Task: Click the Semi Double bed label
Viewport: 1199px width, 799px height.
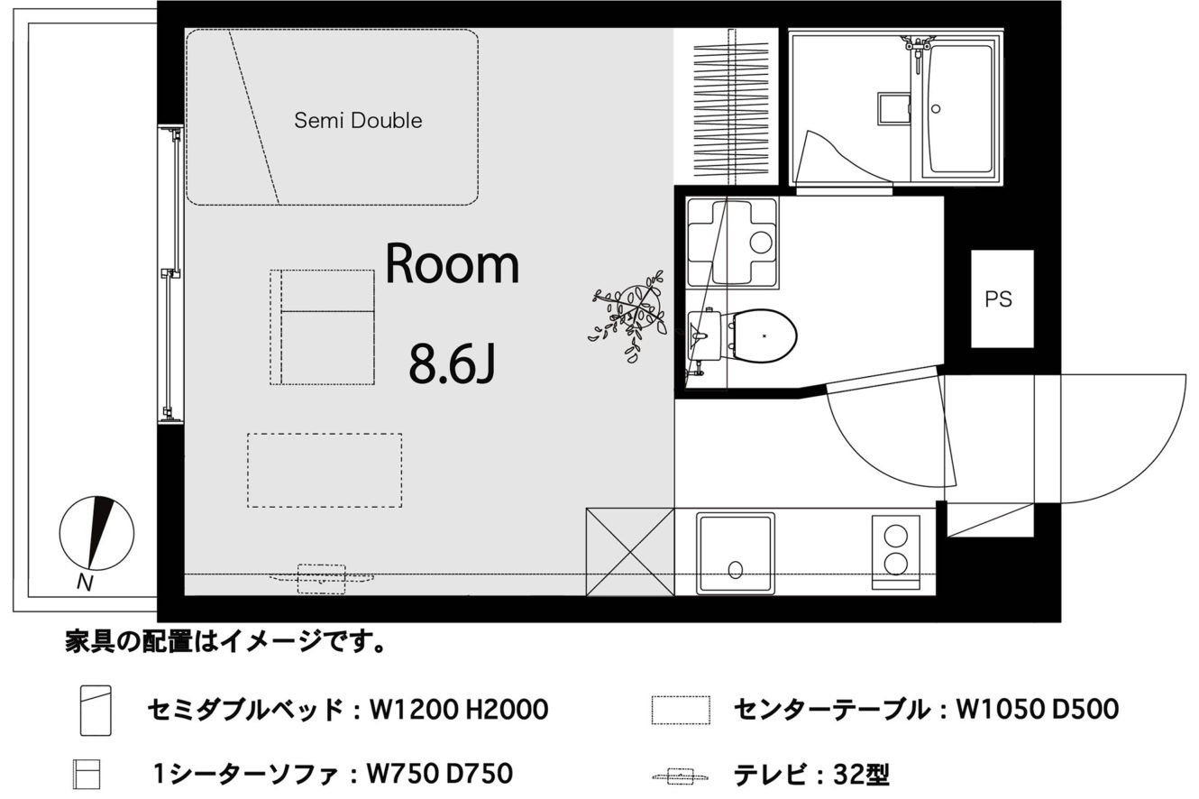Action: point(358,121)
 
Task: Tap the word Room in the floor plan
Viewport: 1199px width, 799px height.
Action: point(453,263)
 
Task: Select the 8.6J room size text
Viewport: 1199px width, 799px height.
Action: point(452,363)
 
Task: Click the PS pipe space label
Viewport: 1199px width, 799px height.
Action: point(998,299)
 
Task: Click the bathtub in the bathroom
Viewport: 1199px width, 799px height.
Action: point(961,109)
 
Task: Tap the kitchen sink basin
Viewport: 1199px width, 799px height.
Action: point(736,554)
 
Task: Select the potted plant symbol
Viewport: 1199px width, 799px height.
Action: point(630,316)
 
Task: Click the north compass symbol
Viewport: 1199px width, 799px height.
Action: point(96,533)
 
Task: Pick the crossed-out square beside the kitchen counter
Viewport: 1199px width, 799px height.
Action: point(630,552)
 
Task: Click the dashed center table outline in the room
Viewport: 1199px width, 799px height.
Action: point(325,470)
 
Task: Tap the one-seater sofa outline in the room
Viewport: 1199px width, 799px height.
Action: point(322,327)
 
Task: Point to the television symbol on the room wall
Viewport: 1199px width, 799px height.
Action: point(321,578)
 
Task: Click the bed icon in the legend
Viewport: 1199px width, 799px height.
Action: point(96,710)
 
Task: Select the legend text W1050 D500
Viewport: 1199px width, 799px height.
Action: point(1038,709)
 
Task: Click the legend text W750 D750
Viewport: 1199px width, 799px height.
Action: point(439,773)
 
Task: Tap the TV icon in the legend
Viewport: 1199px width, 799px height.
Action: point(681,776)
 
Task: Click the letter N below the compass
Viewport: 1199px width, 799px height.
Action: point(85,582)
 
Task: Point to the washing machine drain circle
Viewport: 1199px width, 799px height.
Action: point(761,242)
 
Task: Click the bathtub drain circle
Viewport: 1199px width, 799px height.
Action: point(936,109)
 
